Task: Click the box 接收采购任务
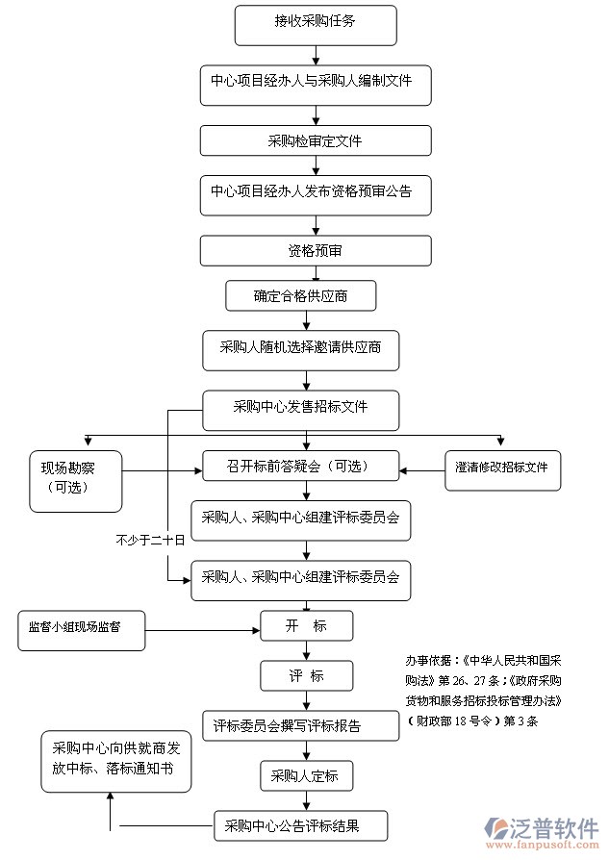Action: pos(316,24)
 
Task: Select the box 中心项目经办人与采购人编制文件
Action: pos(316,85)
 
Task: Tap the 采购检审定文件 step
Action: pos(316,140)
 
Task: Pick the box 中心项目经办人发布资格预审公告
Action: pos(316,193)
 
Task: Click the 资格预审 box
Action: pos(316,251)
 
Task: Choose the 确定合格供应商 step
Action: pos(300,295)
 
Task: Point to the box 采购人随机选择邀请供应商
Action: pos(300,350)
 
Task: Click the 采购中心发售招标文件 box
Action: pos(300,409)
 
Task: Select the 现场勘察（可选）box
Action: pos(75,481)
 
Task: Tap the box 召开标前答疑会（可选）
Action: pos(300,467)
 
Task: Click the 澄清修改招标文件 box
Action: pos(501,468)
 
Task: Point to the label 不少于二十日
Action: pos(149,542)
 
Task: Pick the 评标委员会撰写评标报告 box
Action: pos(300,725)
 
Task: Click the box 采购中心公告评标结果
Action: pos(300,826)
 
